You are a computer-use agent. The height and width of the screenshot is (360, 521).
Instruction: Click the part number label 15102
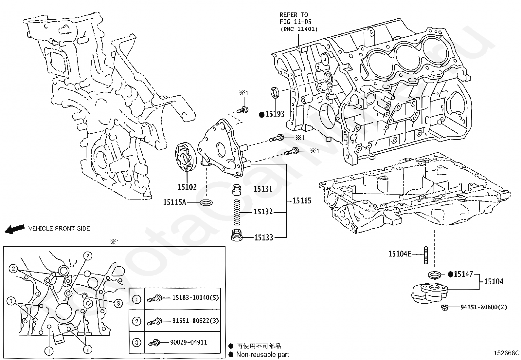point(187,187)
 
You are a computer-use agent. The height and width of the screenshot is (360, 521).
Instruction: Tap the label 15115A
point(174,202)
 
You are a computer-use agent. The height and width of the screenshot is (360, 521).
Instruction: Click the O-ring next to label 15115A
point(206,202)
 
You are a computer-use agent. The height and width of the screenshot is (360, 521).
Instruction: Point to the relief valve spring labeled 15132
point(237,212)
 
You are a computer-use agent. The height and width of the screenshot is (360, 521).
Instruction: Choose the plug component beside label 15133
point(237,235)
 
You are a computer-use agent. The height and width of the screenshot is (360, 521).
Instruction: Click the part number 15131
point(263,189)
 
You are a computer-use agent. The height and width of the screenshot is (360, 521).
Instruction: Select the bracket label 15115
point(302,200)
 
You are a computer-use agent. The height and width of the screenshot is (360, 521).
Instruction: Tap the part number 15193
point(275,114)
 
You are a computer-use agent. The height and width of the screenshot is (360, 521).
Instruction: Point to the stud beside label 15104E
point(426,255)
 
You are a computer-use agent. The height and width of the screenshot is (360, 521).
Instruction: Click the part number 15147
point(463,274)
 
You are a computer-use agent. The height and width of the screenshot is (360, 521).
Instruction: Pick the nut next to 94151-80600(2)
point(444,307)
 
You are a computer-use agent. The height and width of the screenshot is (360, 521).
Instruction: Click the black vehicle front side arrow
point(15,229)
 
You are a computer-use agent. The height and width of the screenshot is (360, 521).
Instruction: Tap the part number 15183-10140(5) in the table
point(195,297)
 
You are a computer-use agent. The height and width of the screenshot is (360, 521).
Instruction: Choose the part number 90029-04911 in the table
point(189,342)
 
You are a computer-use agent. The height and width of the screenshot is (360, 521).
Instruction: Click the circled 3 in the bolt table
point(136,342)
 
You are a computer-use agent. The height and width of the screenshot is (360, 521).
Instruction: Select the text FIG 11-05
point(296,22)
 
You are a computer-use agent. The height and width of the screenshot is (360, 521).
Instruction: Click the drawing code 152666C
point(507,353)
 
